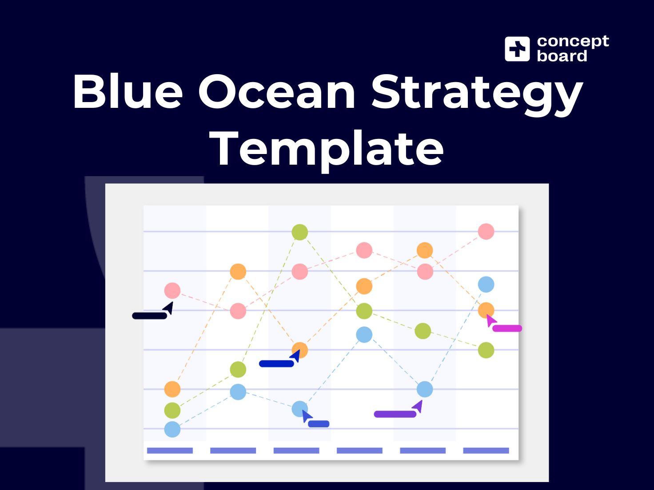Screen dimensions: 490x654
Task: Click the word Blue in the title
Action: [128, 91]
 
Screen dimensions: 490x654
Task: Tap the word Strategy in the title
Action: [476, 93]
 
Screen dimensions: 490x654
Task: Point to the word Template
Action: [327, 149]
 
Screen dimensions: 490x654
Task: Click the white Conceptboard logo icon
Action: [517, 49]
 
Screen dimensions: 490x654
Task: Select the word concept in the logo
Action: [573, 41]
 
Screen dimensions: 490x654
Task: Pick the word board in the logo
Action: [562, 56]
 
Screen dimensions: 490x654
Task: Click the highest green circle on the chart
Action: [300, 232]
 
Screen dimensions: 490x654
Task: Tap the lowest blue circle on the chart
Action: [172, 429]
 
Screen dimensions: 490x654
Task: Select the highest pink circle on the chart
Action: [486, 231]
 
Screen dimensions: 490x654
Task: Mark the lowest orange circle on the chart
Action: [172, 389]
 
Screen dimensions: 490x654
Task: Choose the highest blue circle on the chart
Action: [486, 285]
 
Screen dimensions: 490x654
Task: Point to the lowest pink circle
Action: [238, 311]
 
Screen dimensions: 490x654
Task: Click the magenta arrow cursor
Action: [491, 320]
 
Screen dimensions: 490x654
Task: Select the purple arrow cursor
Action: [418, 406]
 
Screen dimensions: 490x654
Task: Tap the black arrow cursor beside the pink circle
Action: [168, 308]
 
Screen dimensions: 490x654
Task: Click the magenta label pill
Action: [507, 328]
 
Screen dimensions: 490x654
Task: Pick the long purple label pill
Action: [395, 414]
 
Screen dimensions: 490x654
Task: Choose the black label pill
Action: [149, 316]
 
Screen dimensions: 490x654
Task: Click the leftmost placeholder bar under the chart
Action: [170, 450]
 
